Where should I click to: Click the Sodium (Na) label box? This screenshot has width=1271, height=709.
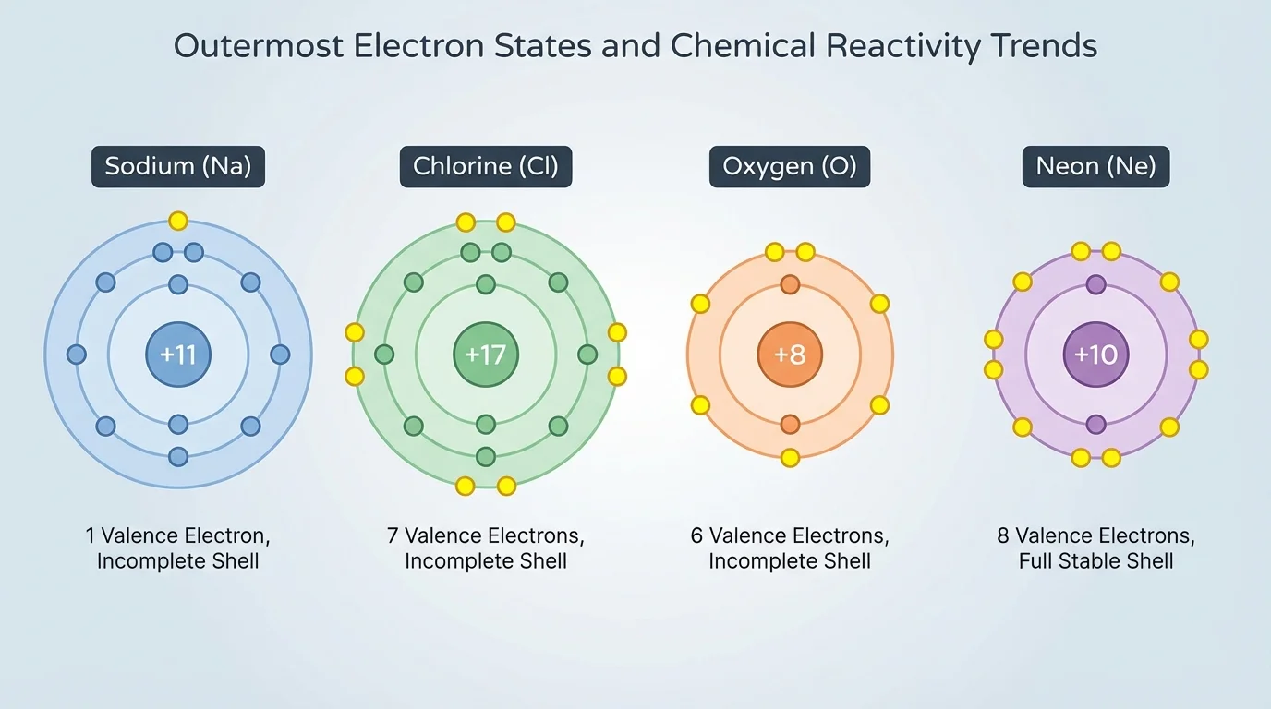178,167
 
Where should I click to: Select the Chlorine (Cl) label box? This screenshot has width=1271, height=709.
486,167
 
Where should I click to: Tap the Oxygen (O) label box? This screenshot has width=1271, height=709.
790,167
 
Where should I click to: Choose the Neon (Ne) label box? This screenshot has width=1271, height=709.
1095,167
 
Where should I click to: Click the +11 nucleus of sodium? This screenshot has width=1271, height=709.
178,354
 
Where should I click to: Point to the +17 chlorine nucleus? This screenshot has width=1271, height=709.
486,354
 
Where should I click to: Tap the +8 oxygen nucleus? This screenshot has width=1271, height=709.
790,354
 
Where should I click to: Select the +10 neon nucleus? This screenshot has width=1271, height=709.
1095,354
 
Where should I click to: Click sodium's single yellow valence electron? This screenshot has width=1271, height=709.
178,222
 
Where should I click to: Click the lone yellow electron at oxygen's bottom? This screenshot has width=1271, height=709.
790,457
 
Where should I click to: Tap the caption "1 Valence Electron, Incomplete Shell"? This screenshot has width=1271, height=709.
178,547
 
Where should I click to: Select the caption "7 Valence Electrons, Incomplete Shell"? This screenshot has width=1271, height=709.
486,547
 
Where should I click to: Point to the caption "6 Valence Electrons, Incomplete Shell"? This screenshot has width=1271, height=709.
790,547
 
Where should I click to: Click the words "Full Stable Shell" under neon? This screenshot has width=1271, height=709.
1095,561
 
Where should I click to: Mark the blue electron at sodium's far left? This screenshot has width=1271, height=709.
77,354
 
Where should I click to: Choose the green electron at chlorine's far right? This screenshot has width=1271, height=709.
587,354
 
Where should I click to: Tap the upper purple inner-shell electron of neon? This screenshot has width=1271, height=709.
1095,284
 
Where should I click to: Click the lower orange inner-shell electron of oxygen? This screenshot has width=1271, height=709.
790,425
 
